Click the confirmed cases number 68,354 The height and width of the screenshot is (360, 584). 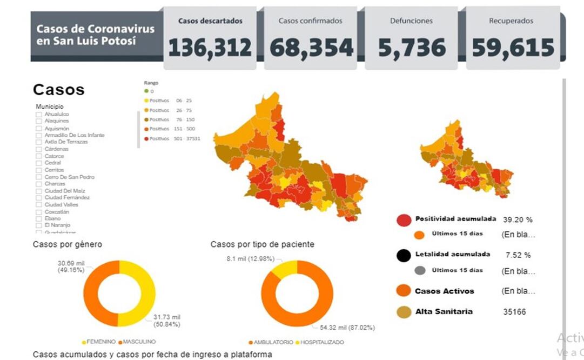[311, 48]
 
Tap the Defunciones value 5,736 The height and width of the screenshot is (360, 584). [412, 48]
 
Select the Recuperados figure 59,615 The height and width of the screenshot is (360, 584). [513, 48]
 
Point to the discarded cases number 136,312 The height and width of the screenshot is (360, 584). [210, 48]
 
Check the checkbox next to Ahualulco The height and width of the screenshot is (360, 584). [38, 115]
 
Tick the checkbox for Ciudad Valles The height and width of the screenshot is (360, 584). [38, 205]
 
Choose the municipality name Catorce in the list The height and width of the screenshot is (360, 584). [53, 156]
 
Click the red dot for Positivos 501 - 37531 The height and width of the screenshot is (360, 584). [145, 139]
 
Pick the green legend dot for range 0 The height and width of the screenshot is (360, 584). [145, 91]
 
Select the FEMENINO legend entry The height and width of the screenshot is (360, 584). [100, 342]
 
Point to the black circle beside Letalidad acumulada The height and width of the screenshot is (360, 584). [404, 255]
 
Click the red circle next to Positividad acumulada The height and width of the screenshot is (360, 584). [404, 220]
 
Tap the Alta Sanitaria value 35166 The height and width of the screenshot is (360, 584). [515, 312]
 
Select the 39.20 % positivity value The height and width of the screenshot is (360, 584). [518, 220]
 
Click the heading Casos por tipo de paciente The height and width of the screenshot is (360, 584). [262, 244]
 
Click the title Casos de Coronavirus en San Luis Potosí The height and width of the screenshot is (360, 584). [95, 35]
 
